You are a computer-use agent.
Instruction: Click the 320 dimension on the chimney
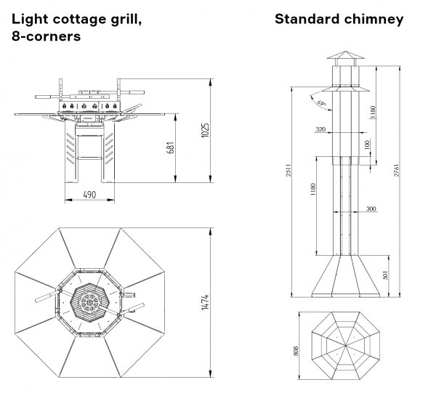tap(321, 129)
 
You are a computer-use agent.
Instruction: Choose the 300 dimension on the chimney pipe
tap(371, 208)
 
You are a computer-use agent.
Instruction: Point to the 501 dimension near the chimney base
tap(384, 275)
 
